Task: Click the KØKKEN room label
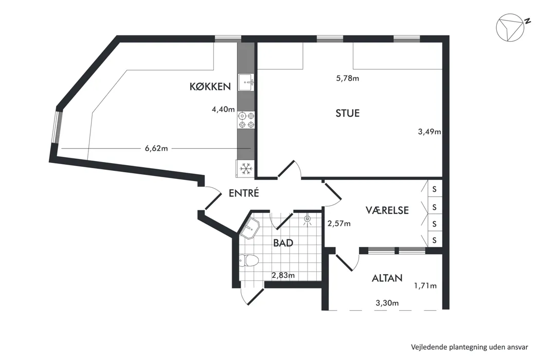point(210,86)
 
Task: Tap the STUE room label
point(348,113)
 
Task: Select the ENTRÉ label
point(244,193)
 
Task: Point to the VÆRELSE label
point(387,210)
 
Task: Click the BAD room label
point(283,243)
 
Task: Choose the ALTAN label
point(387,278)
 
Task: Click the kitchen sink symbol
point(246,83)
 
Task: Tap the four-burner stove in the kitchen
point(246,120)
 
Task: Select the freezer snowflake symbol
point(245,169)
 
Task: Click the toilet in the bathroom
point(249,260)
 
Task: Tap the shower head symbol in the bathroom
point(307,219)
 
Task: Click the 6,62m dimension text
point(156,149)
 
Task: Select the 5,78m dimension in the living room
point(348,78)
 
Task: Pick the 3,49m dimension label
point(429,132)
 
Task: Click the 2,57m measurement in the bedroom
point(339,224)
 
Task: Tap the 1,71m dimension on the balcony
point(425,285)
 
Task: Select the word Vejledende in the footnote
point(428,347)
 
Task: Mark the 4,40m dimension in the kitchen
point(223,109)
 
